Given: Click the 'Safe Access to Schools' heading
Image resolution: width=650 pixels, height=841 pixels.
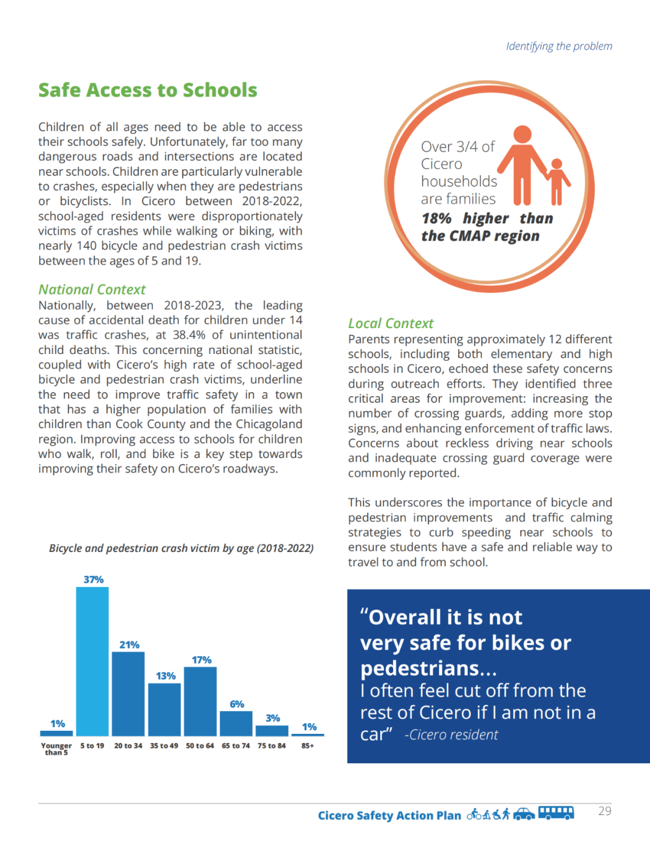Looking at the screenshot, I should [147, 90].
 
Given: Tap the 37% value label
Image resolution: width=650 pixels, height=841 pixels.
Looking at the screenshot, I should [93, 579].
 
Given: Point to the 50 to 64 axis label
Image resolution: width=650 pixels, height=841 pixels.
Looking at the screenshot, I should [200, 746].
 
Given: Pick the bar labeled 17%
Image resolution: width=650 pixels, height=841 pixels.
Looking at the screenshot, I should [200, 701].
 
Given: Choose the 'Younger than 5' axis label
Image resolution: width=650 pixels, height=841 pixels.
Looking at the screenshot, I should [56, 749].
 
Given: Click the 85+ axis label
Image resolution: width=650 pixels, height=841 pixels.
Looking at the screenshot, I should [308, 746].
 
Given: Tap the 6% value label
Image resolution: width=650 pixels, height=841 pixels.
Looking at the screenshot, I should [237, 704].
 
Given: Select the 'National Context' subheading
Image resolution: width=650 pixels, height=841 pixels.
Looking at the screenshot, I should [92, 290].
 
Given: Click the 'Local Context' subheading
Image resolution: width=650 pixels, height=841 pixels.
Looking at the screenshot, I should [391, 323].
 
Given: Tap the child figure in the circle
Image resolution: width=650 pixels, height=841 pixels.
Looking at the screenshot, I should [557, 181].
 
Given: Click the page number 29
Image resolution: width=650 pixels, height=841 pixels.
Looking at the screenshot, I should [605, 811].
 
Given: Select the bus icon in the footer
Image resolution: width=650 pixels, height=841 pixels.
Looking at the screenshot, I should [556, 813].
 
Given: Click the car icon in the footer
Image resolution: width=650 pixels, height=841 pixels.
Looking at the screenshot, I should [524, 815].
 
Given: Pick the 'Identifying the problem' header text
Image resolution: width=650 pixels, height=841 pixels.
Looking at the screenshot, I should [559, 46].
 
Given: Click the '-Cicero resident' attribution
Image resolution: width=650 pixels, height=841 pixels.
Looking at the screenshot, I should [451, 735].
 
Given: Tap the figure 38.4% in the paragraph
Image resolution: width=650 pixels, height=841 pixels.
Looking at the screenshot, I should [189, 335].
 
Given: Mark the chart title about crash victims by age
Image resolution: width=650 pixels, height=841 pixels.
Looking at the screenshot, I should [181, 548].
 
